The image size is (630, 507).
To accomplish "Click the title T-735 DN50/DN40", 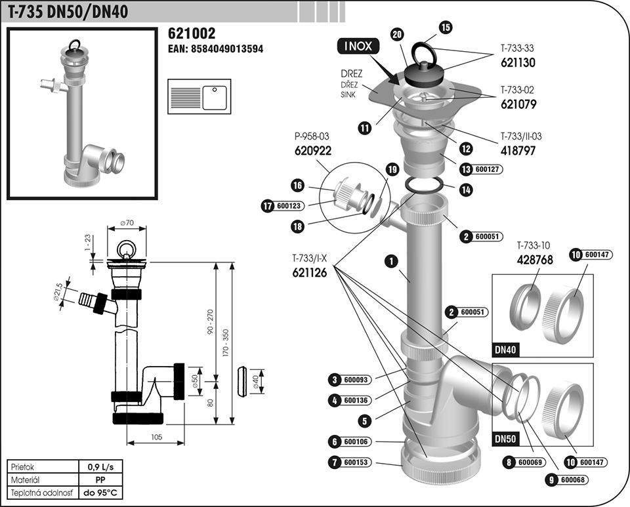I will pos(68,11).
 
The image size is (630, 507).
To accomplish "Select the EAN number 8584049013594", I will pos(216,49).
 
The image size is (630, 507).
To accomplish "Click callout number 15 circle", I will pos(446,27).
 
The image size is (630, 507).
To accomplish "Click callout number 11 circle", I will pos(364,128).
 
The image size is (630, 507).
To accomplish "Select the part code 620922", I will pos(312,150).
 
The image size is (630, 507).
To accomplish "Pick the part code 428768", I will pos(535,260).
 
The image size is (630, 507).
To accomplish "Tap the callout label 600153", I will pos(357,463).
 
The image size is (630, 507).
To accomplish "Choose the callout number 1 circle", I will pos(392,261).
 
